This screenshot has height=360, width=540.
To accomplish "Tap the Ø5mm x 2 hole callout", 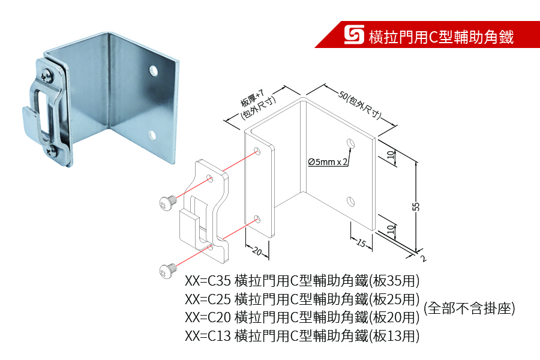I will (x=328, y=162).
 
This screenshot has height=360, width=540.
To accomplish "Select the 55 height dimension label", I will (x=416, y=206).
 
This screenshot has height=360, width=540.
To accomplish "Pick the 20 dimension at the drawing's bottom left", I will (x=257, y=251).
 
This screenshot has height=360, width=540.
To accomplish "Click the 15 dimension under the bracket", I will (x=361, y=243).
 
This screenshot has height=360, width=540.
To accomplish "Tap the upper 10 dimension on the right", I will (x=391, y=155).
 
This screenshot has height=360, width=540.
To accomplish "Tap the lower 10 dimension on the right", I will (x=391, y=229).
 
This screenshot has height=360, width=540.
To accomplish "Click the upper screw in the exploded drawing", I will (x=168, y=201).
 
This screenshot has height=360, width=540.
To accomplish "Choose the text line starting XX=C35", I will (x=302, y=280).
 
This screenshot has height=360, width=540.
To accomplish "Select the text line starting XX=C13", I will (x=302, y=335).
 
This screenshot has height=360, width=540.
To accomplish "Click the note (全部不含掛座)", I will (x=469, y=308).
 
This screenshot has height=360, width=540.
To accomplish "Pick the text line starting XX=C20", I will (x=302, y=317).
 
